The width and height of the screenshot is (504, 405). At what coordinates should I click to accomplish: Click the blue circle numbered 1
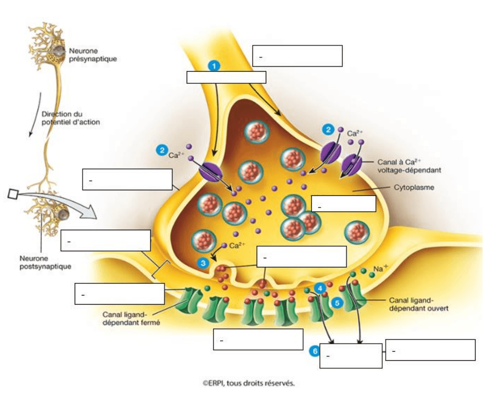214,66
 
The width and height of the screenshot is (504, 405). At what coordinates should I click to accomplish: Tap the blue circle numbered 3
203,263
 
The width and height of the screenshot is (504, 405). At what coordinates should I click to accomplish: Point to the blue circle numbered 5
337,303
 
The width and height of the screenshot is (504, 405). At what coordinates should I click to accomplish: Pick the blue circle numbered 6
315,351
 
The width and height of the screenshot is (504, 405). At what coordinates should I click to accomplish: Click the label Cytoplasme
413,187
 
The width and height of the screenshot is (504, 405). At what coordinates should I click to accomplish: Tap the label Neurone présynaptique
93,55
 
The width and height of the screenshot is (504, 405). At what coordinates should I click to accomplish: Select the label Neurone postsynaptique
45,262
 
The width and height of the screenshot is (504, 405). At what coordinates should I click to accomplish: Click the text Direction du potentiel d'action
70,118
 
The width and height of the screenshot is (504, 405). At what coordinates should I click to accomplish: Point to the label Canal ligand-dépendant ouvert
419,304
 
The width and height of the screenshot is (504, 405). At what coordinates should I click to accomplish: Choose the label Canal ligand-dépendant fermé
131,318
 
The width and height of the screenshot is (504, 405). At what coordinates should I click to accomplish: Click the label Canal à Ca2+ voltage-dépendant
409,166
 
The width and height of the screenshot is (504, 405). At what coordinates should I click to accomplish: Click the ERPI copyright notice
248,383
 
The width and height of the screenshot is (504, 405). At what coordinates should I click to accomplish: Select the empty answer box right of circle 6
351,356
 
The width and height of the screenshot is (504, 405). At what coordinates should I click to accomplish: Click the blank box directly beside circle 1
226,77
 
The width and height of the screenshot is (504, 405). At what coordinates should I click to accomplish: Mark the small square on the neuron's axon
13,194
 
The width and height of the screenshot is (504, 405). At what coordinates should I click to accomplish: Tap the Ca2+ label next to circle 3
237,246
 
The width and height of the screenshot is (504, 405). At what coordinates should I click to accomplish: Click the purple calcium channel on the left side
210,172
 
